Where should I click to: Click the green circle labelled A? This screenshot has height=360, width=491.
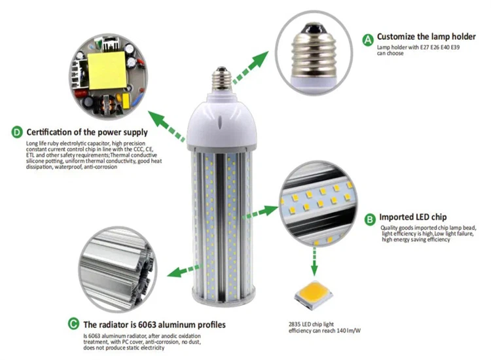[x=369, y=40]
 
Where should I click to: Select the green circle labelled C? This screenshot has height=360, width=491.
[x=73, y=324]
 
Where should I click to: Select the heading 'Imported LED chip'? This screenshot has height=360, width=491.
[x=414, y=217]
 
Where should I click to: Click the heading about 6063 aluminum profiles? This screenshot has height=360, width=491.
[x=155, y=324]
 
